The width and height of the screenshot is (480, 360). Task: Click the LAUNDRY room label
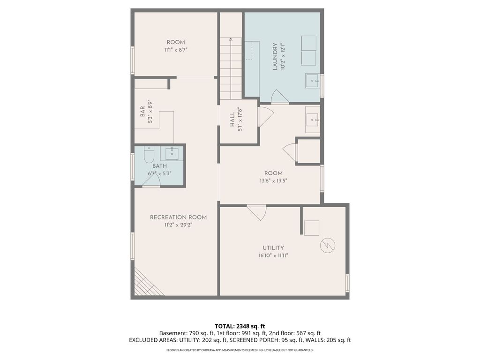point(275,56)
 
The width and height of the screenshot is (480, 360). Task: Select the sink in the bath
point(171,153)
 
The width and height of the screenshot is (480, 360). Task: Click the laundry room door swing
point(279,97)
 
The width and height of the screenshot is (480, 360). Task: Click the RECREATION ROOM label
point(178,217)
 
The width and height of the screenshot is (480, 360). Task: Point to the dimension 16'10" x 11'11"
point(273,255)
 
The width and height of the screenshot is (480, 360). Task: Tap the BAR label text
point(142,112)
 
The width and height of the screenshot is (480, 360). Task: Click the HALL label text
point(232,120)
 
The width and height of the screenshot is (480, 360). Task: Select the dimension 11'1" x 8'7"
point(176,49)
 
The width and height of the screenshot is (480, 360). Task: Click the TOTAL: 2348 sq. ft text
point(240,326)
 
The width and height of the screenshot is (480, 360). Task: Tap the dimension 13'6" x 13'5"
point(273,180)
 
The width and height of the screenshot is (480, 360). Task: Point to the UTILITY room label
point(273,248)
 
